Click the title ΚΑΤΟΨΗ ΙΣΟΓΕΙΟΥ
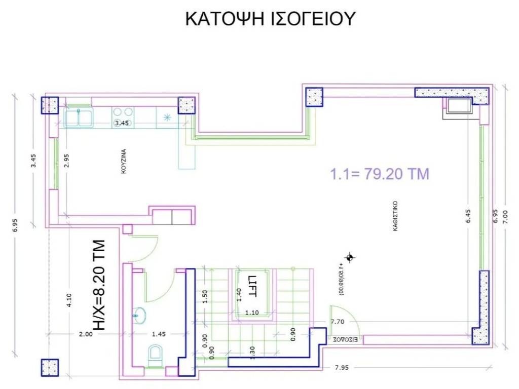pyautogui.click(x=270, y=18)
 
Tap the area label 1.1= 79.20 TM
pyautogui.click(x=380, y=174)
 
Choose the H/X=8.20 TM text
pyautogui.click(x=100, y=286)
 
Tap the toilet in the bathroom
pyautogui.click(x=155, y=355)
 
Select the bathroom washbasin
pyautogui.click(x=139, y=315)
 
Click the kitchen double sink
pyautogui.click(x=78, y=117)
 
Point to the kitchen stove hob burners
pyautogui.click(x=123, y=116)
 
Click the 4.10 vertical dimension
pyautogui.click(x=69, y=302)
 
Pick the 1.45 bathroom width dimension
pyautogui.click(x=159, y=334)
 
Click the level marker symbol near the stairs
pyautogui.click(x=349, y=258)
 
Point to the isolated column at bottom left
pyautogui.click(x=50, y=367)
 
